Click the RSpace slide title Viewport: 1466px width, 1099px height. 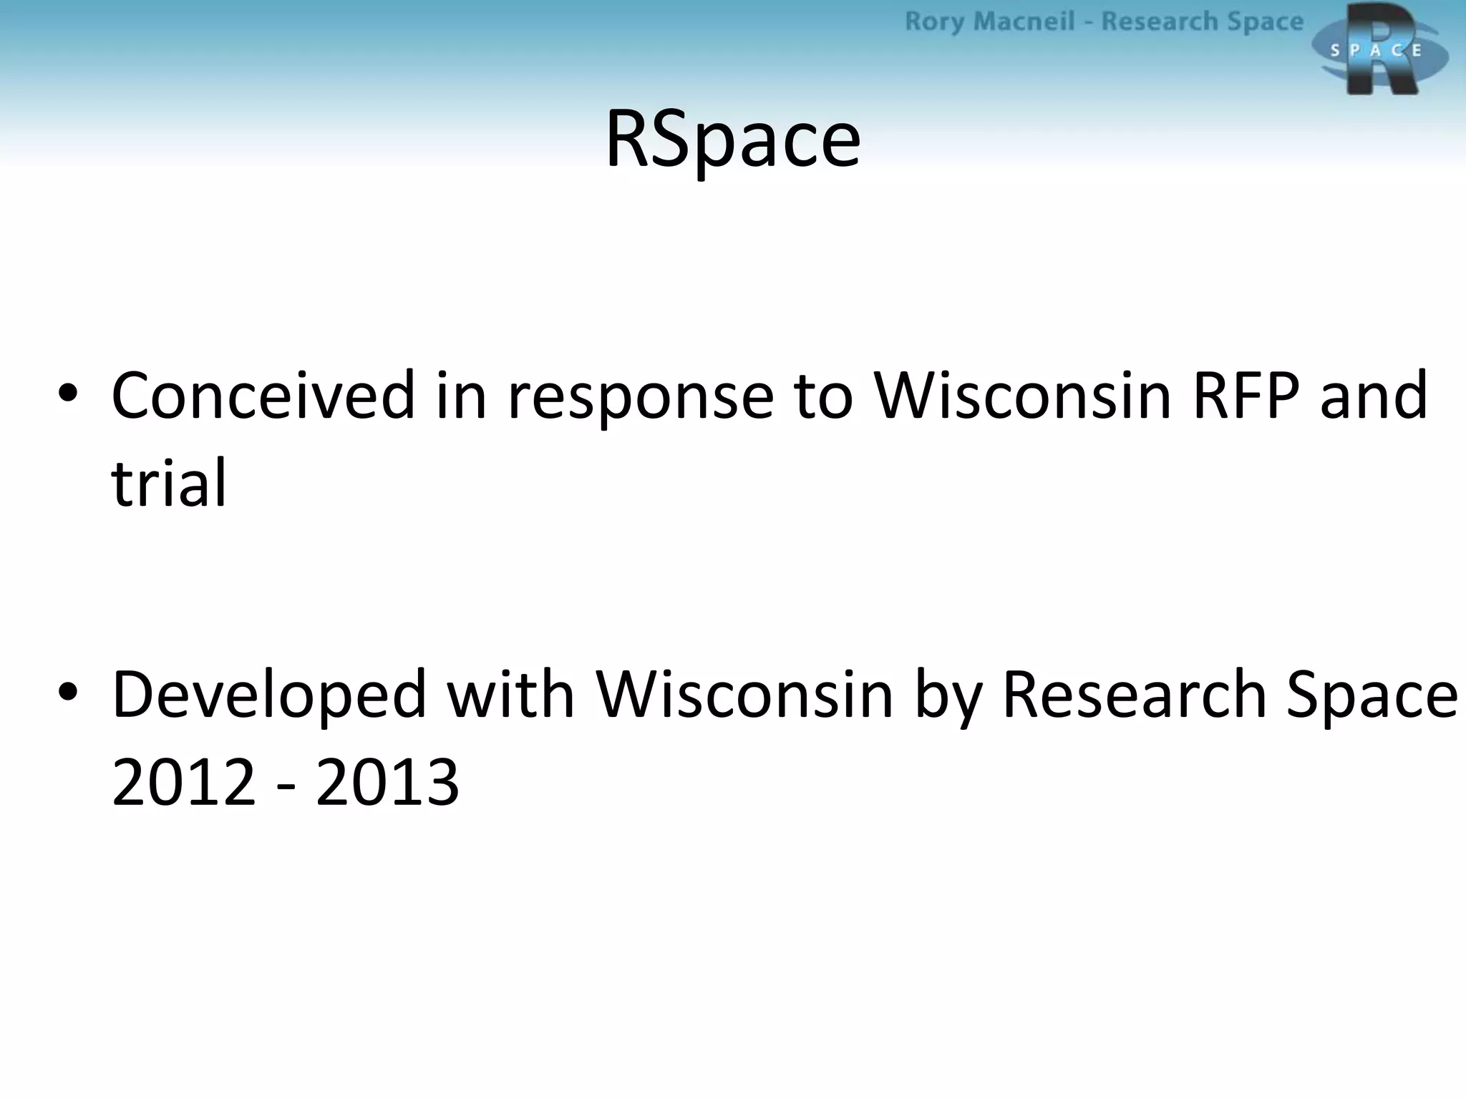[732, 139]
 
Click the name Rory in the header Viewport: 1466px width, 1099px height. [933, 22]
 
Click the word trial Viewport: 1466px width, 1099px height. [169, 483]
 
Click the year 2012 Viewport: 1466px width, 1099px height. [184, 781]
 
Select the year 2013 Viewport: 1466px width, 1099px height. [387, 781]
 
